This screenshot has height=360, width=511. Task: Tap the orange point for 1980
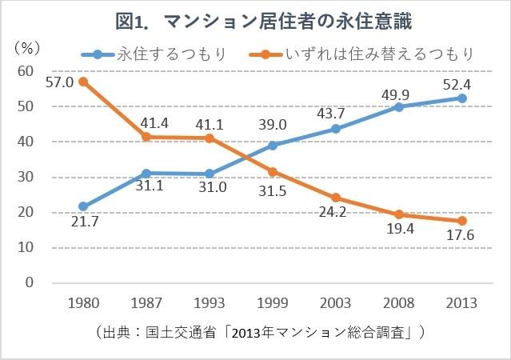(83, 82)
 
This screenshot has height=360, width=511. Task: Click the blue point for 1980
(83, 206)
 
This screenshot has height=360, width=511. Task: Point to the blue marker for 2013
(462, 98)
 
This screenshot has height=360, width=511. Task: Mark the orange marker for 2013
(462, 221)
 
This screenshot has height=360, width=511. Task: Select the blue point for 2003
(336, 129)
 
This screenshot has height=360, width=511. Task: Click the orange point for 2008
(399, 214)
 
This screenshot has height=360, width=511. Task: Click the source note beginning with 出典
(256, 331)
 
